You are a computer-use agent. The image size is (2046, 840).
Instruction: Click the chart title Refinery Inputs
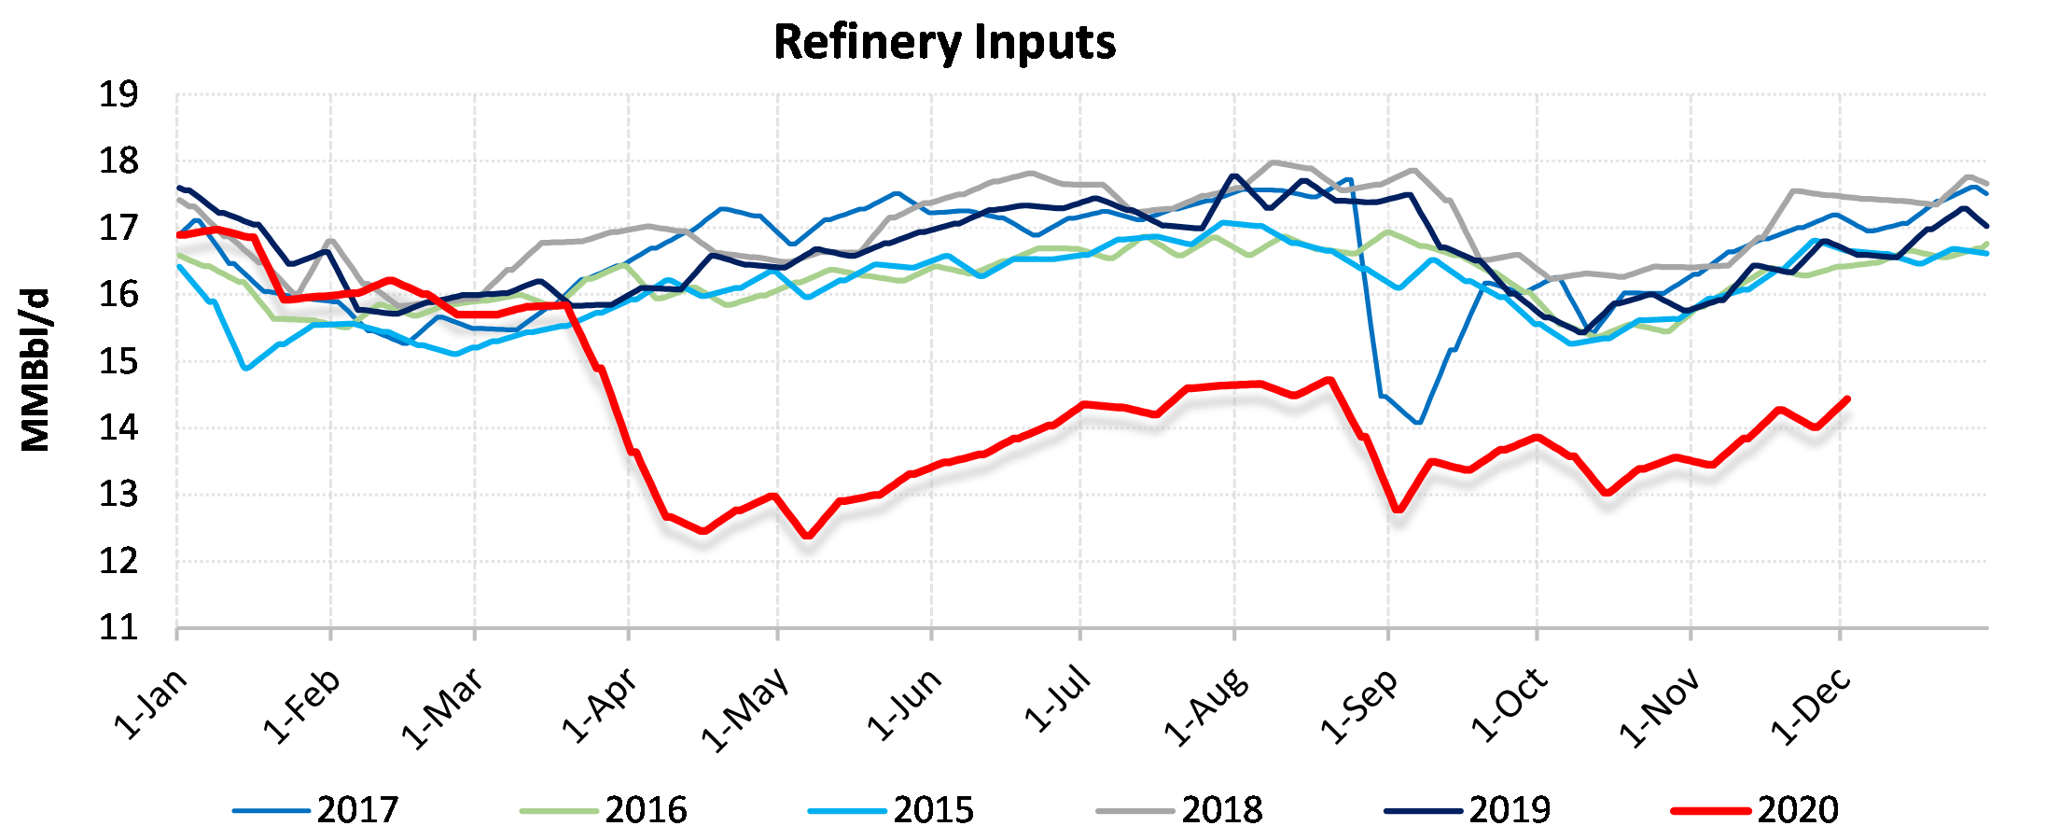pyautogui.click(x=944, y=43)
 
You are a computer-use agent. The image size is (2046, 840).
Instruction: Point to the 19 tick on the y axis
pyautogui.click(x=118, y=94)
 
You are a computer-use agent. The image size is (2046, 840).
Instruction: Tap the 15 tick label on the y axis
pyautogui.click(x=118, y=361)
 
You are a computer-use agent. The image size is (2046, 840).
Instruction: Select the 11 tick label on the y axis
pyautogui.click(x=118, y=627)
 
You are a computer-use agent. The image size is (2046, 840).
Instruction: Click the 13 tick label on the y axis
pyautogui.click(x=118, y=495)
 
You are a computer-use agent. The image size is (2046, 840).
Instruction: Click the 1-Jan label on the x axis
pyautogui.click(x=149, y=704)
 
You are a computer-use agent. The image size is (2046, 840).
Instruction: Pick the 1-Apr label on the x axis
pyautogui.click(x=599, y=706)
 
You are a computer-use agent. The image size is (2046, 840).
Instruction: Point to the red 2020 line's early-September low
pyautogui.click(x=1398, y=510)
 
